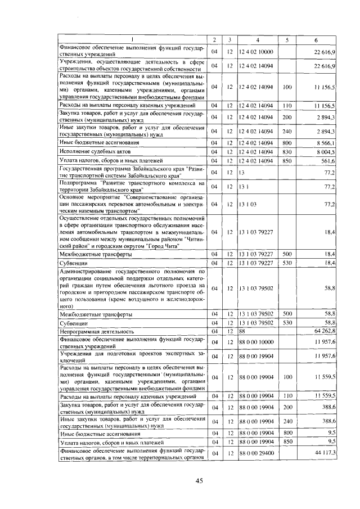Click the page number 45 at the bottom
pyautogui.click(x=199, y=480)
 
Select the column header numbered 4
pyautogui.click(x=257, y=39)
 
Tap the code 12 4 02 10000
pyautogui.click(x=256, y=52)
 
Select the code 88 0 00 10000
pyautogui.click(x=256, y=342)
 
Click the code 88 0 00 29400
pyautogui.click(x=256, y=453)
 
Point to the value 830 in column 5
pyautogui.click(x=287, y=152)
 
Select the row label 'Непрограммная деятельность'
pyautogui.click(x=96, y=331)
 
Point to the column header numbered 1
pyautogui.click(x=132, y=39)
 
